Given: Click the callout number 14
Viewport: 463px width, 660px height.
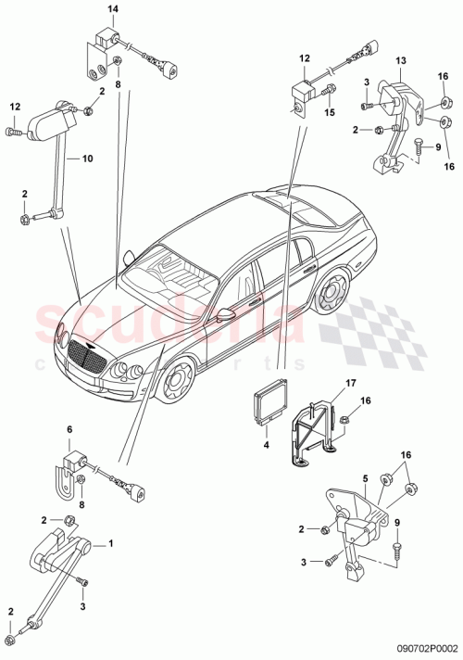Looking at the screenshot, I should click(x=112, y=9).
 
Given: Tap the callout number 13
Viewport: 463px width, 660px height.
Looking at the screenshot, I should click(x=401, y=61).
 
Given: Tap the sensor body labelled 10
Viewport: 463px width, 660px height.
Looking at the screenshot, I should click(x=46, y=121).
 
